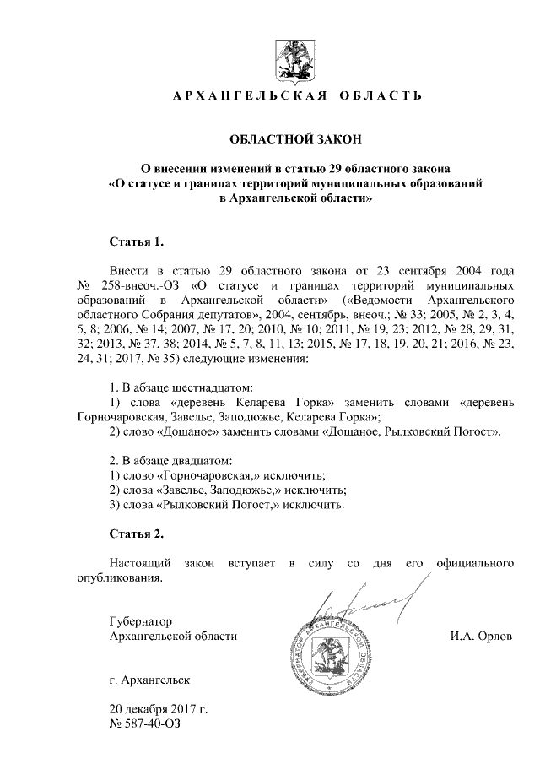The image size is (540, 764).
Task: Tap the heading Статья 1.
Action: coord(136,242)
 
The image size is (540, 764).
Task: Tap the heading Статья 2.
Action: coord(136,534)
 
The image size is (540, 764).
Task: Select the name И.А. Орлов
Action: coord(481,635)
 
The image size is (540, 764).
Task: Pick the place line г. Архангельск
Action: coord(149,679)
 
